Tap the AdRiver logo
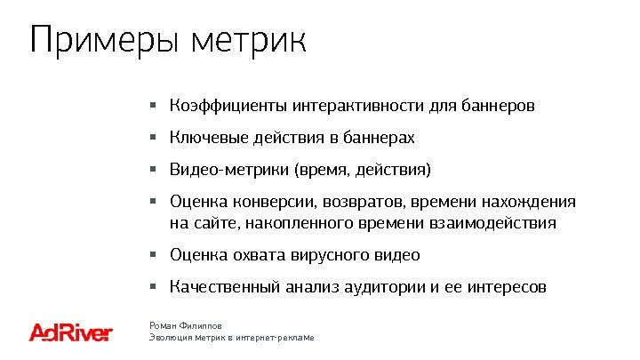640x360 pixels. pos(71,333)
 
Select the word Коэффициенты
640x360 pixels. pos(222,107)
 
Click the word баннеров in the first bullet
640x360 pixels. pos(499,107)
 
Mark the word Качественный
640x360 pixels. pos(224,287)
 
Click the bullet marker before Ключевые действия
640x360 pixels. pos(153,138)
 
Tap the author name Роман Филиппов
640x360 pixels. pos(185,324)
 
